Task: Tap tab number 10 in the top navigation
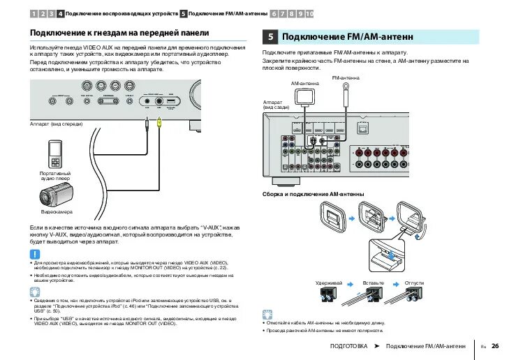point(309,13)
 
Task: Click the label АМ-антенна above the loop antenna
point(305,83)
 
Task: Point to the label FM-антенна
point(346,77)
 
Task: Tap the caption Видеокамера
point(57,211)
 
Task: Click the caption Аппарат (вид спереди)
point(56,124)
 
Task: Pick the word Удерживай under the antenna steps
point(328,283)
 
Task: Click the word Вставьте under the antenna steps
point(374,283)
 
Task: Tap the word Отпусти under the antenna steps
point(414,283)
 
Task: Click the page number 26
point(495,345)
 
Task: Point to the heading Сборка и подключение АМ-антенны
point(313,193)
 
